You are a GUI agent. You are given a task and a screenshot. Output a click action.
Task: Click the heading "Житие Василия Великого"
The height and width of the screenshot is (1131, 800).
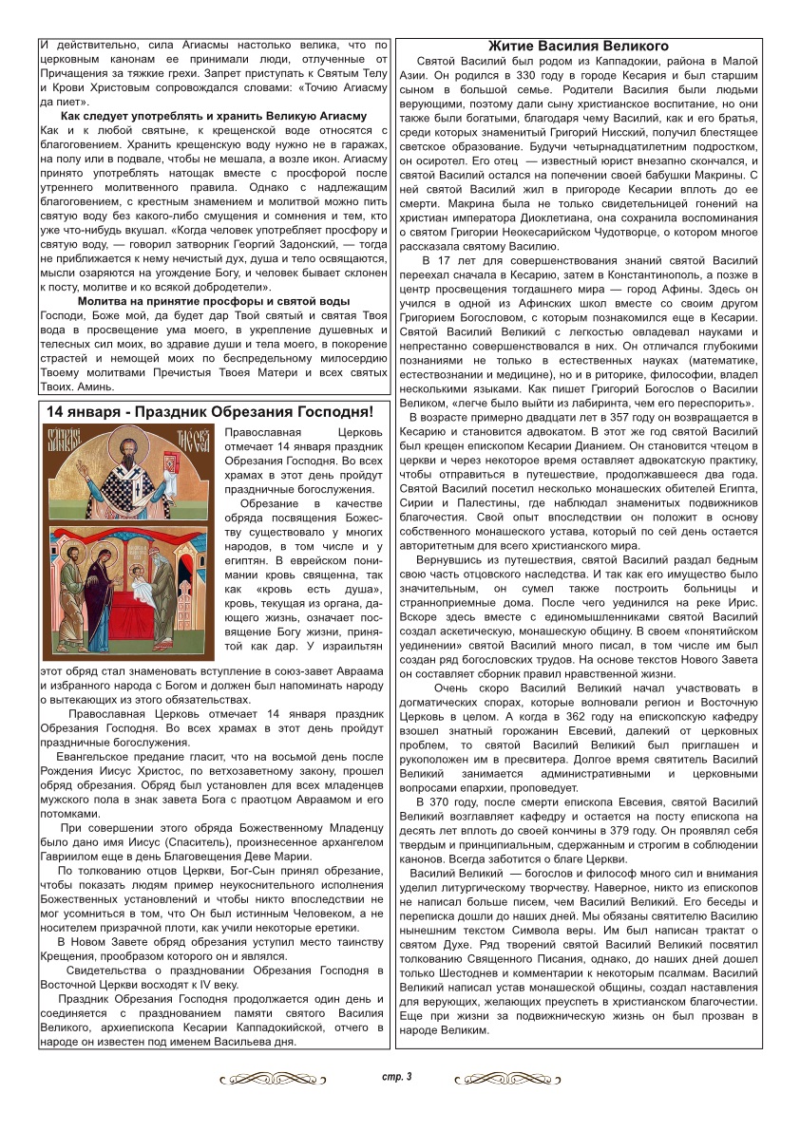tap(578, 46)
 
